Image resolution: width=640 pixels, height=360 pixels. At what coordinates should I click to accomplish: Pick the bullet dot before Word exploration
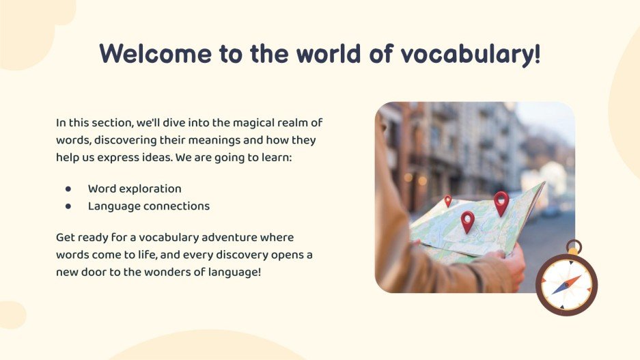(68, 189)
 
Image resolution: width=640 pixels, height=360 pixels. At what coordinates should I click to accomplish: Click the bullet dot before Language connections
(68, 206)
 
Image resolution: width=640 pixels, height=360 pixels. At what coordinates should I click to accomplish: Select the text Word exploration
(135, 189)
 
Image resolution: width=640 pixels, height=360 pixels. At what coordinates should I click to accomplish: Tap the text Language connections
(149, 206)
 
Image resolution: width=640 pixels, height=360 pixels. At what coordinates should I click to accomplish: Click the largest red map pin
(501, 202)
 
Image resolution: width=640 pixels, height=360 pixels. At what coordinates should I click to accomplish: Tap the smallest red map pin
(448, 201)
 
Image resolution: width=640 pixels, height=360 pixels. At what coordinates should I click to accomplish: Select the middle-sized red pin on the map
(467, 221)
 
